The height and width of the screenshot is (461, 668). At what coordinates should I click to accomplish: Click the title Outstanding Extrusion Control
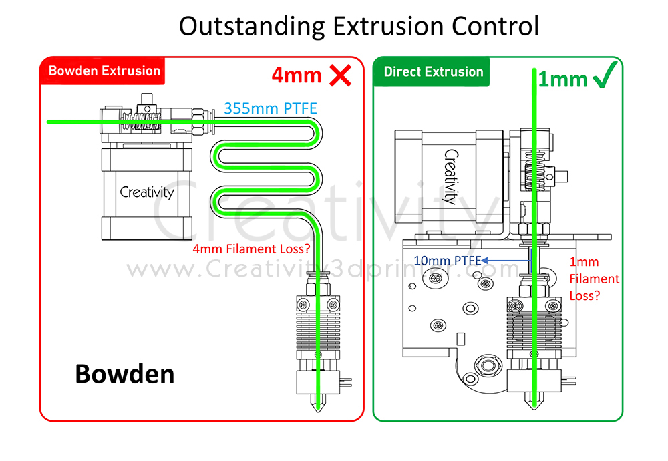click(x=359, y=27)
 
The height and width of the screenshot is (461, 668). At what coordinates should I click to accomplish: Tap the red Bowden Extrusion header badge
click(x=104, y=71)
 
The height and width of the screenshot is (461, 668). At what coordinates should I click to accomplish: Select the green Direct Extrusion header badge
click(x=433, y=71)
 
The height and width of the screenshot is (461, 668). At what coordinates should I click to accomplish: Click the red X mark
click(x=341, y=75)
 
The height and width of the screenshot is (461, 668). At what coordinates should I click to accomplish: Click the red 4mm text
click(x=297, y=75)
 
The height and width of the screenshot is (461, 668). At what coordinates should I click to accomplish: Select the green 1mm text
click(x=562, y=80)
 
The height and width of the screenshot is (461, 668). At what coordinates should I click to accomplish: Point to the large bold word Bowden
click(x=125, y=374)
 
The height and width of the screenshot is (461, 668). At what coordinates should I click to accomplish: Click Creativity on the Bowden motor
click(x=147, y=192)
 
